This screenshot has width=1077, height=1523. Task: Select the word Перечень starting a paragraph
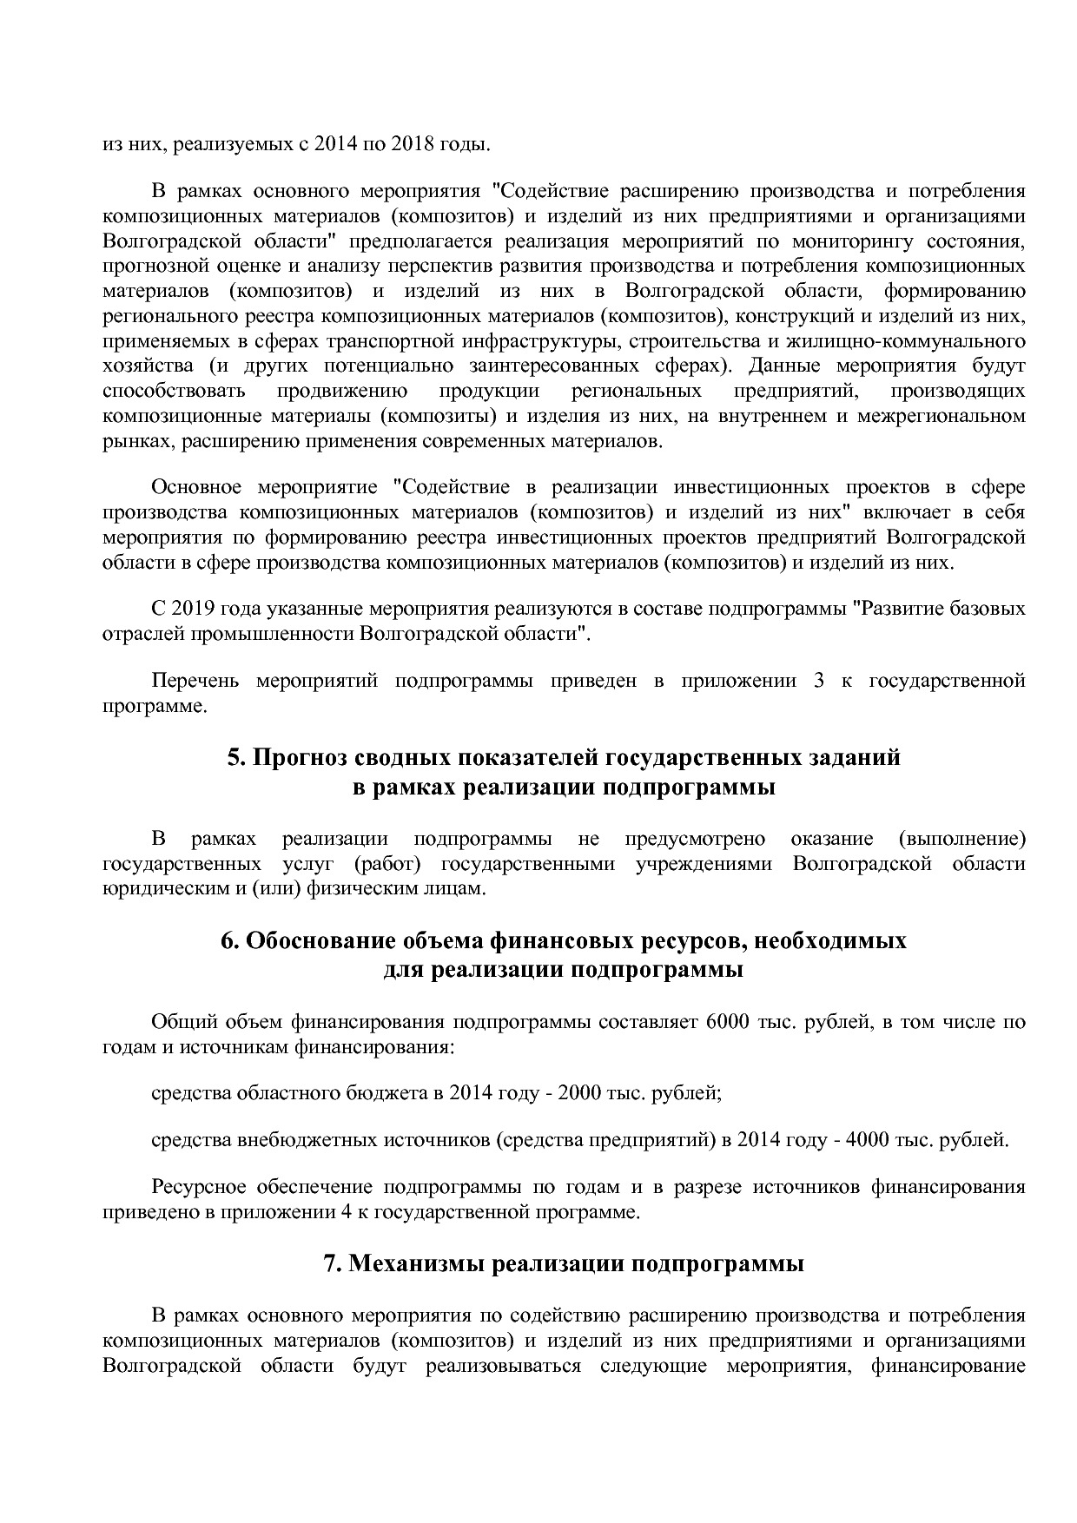[x=195, y=680]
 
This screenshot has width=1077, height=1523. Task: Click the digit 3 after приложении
[x=818, y=680]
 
